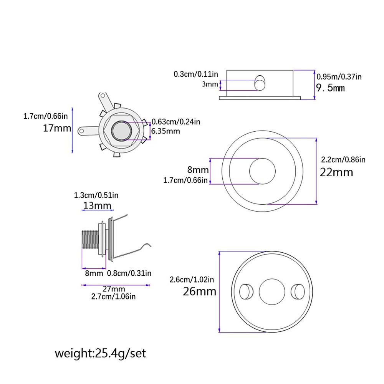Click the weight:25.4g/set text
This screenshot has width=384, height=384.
tap(100, 353)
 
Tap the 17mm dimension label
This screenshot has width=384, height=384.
tap(57, 128)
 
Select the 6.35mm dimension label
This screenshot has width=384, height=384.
tap(166, 131)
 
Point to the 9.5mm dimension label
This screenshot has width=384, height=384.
tap(330, 88)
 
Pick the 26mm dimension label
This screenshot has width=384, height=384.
tap(199, 291)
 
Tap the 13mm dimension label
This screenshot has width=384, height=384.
tap(97, 206)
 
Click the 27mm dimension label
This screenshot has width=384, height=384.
tap(114, 289)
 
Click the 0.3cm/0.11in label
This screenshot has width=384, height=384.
tap(196, 73)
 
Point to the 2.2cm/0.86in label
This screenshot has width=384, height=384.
tap(343, 159)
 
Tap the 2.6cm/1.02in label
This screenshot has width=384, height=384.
tap(192, 280)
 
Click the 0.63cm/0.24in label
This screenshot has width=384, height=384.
tap(176, 122)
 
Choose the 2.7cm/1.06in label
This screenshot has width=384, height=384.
tap(113, 296)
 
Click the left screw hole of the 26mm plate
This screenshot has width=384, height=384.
tap(246, 292)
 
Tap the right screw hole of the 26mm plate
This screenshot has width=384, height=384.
tap(297, 292)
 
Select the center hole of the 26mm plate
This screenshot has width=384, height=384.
tap(272, 292)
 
